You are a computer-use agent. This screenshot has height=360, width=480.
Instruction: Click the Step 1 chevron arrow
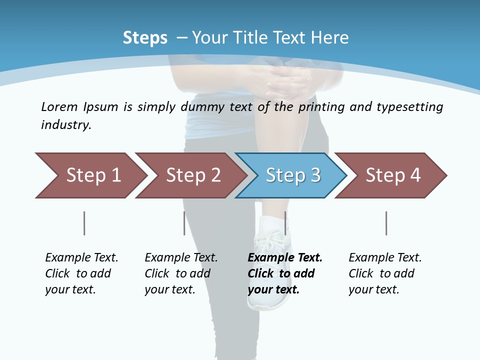click(90, 175)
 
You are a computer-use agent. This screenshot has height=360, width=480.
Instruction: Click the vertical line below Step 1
click(84, 223)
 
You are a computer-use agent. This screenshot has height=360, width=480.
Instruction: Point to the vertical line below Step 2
click(184, 223)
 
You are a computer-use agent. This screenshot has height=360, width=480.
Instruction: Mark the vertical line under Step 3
click(285, 223)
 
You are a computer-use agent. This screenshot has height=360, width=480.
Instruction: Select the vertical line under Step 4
click(386, 223)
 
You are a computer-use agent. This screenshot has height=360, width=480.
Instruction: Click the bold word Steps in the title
click(145, 38)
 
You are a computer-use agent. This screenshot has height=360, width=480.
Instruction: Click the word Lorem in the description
click(59, 107)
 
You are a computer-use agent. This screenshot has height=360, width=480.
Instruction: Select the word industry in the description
click(65, 125)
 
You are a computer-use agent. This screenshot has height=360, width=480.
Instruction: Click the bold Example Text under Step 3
click(285, 258)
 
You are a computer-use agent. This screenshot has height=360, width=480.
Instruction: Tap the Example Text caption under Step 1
click(81, 258)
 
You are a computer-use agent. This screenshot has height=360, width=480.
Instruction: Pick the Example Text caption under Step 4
click(385, 258)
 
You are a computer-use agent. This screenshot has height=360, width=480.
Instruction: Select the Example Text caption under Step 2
click(181, 258)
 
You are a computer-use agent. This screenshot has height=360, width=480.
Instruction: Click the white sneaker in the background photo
click(272, 270)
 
